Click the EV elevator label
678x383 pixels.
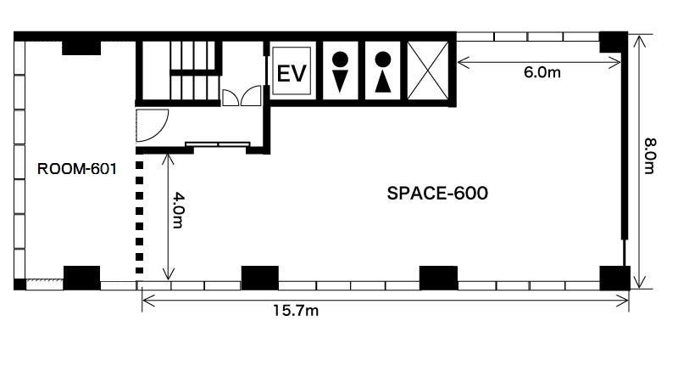[292, 73]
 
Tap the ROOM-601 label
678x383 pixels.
[77, 169]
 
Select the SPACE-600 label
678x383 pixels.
[437, 194]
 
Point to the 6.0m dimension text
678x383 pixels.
[542, 72]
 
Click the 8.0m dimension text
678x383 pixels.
[649, 156]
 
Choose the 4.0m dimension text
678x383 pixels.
[179, 210]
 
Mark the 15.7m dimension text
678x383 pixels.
[296, 310]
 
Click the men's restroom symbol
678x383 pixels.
[341, 72]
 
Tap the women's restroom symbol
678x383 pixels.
[383, 72]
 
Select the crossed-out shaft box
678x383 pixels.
[428, 70]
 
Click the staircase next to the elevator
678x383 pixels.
[194, 70]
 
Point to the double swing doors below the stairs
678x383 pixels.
[242, 96]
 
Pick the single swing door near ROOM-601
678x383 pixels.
[152, 125]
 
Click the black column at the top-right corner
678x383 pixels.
[613, 42]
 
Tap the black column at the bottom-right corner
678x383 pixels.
[614, 278]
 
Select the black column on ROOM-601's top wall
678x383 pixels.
[81, 48]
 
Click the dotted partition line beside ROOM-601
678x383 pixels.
[139, 217]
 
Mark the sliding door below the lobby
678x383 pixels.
[218, 144]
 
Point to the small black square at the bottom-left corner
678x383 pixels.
[19, 284]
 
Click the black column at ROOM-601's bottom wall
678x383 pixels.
[81, 278]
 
